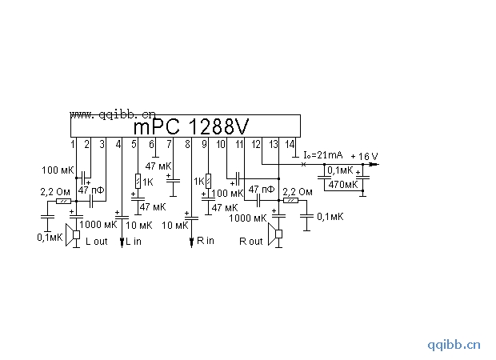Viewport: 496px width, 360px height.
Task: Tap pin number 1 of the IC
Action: pos(73,144)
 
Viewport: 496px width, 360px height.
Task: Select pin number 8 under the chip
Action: pos(188,144)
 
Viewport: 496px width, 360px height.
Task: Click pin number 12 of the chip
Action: pos(255,144)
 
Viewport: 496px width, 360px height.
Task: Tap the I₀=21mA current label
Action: pos(322,154)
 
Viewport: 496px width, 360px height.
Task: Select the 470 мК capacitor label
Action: pos(343,185)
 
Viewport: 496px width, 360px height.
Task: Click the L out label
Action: pos(96,242)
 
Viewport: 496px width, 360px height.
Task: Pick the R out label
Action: pos(250,242)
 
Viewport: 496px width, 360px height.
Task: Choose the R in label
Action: pos(205,241)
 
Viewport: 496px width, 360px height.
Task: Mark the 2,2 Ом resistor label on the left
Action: pos(54,192)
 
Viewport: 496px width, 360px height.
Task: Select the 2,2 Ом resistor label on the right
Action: pos(300,192)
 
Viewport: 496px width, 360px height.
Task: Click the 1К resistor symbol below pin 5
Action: pos(138,182)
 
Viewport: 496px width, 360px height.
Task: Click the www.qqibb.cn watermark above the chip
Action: pos(112,114)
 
